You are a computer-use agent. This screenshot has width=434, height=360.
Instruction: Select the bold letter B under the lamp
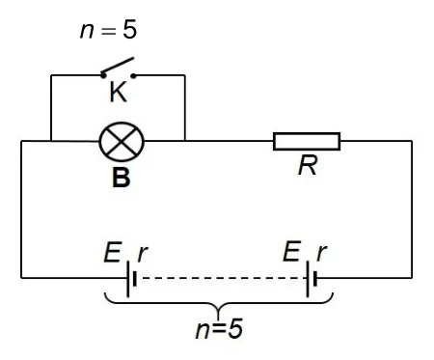pyautogui.click(x=122, y=178)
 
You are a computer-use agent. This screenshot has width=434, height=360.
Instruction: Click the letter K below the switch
pyautogui.click(x=119, y=92)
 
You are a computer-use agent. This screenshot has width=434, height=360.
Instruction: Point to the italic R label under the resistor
pyautogui.click(x=308, y=165)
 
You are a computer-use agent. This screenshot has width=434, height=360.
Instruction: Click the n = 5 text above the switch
pyautogui.click(x=108, y=30)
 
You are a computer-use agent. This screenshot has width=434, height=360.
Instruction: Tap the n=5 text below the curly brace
pyautogui.click(x=219, y=329)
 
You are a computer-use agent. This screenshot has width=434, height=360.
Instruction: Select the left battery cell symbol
pyautogui.click(x=131, y=279)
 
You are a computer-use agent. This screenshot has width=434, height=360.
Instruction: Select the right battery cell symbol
pyautogui.click(x=312, y=279)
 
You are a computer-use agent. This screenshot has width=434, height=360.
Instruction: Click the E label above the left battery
pyautogui.click(x=112, y=252)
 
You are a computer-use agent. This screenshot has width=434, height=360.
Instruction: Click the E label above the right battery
pyautogui.click(x=292, y=251)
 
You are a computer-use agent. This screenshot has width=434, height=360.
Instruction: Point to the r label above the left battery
pyautogui.click(x=142, y=254)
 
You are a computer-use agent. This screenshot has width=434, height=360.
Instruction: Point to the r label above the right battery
pyautogui.click(x=321, y=253)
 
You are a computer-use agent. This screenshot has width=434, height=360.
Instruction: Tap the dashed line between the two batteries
pyautogui.click(x=222, y=278)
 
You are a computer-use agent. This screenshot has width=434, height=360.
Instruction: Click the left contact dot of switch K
pyautogui.click(x=103, y=76)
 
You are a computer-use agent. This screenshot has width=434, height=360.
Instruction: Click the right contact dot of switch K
pyautogui.click(x=134, y=76)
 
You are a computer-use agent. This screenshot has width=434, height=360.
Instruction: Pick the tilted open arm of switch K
pyautogui.click(x=118, y=66)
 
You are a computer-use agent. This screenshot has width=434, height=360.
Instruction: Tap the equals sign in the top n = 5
pyautogui.click(x=108, y=31)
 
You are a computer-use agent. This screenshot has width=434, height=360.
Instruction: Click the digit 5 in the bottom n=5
pyautogui.click(x=235, y=329)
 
